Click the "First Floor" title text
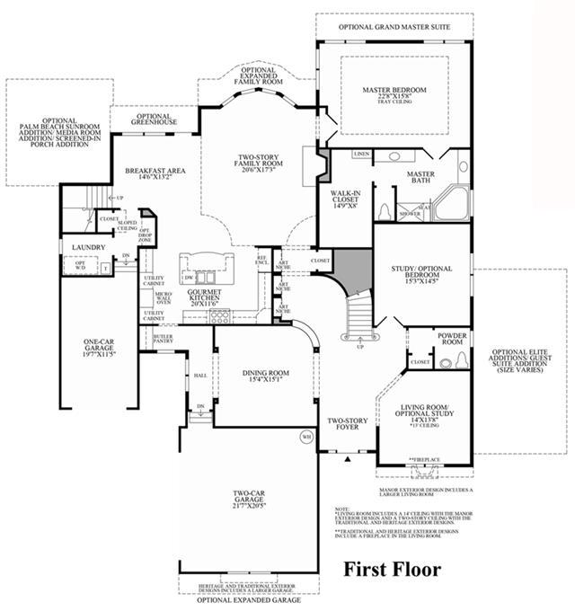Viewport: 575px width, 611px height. pos(394,569)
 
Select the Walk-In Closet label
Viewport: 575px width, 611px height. pos(345,197)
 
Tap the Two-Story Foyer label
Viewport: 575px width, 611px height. pos(345,423)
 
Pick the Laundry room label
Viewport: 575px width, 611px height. pos(83,247)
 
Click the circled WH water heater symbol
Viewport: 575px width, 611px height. pos(306,438)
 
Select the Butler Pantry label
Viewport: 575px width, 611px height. pos(163,337)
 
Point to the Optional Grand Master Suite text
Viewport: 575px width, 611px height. pos(394,27)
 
